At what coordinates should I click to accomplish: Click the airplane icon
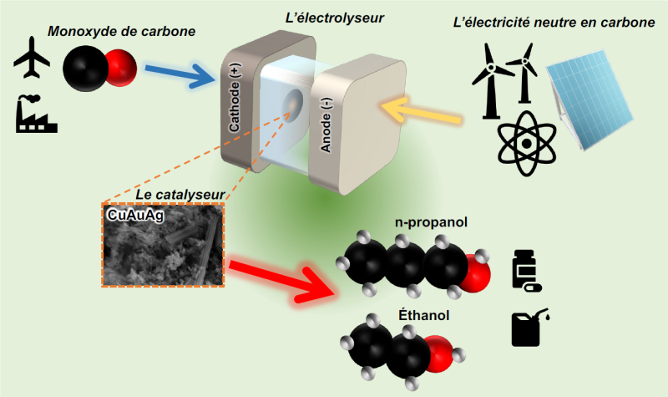[32, 58]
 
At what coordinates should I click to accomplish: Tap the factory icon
[36, 114]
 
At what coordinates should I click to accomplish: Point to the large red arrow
[281, 279]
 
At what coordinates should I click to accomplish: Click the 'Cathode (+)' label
[235, 98]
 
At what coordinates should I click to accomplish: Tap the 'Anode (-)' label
[326, 125]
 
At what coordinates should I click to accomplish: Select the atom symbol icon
[527, 144]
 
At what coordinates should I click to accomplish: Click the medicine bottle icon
[526, 270]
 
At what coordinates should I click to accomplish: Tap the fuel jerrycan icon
[529, 327]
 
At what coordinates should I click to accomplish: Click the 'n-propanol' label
[431, 222]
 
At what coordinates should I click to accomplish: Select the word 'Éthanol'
[424, 315]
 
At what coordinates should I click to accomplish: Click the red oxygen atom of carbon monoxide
[122, 69]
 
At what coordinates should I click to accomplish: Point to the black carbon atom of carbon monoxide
[86, 69]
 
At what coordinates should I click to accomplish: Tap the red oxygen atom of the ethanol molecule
[439, 354]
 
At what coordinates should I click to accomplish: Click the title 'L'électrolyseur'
[335, 18]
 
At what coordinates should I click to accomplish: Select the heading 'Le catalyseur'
[180, 195]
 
